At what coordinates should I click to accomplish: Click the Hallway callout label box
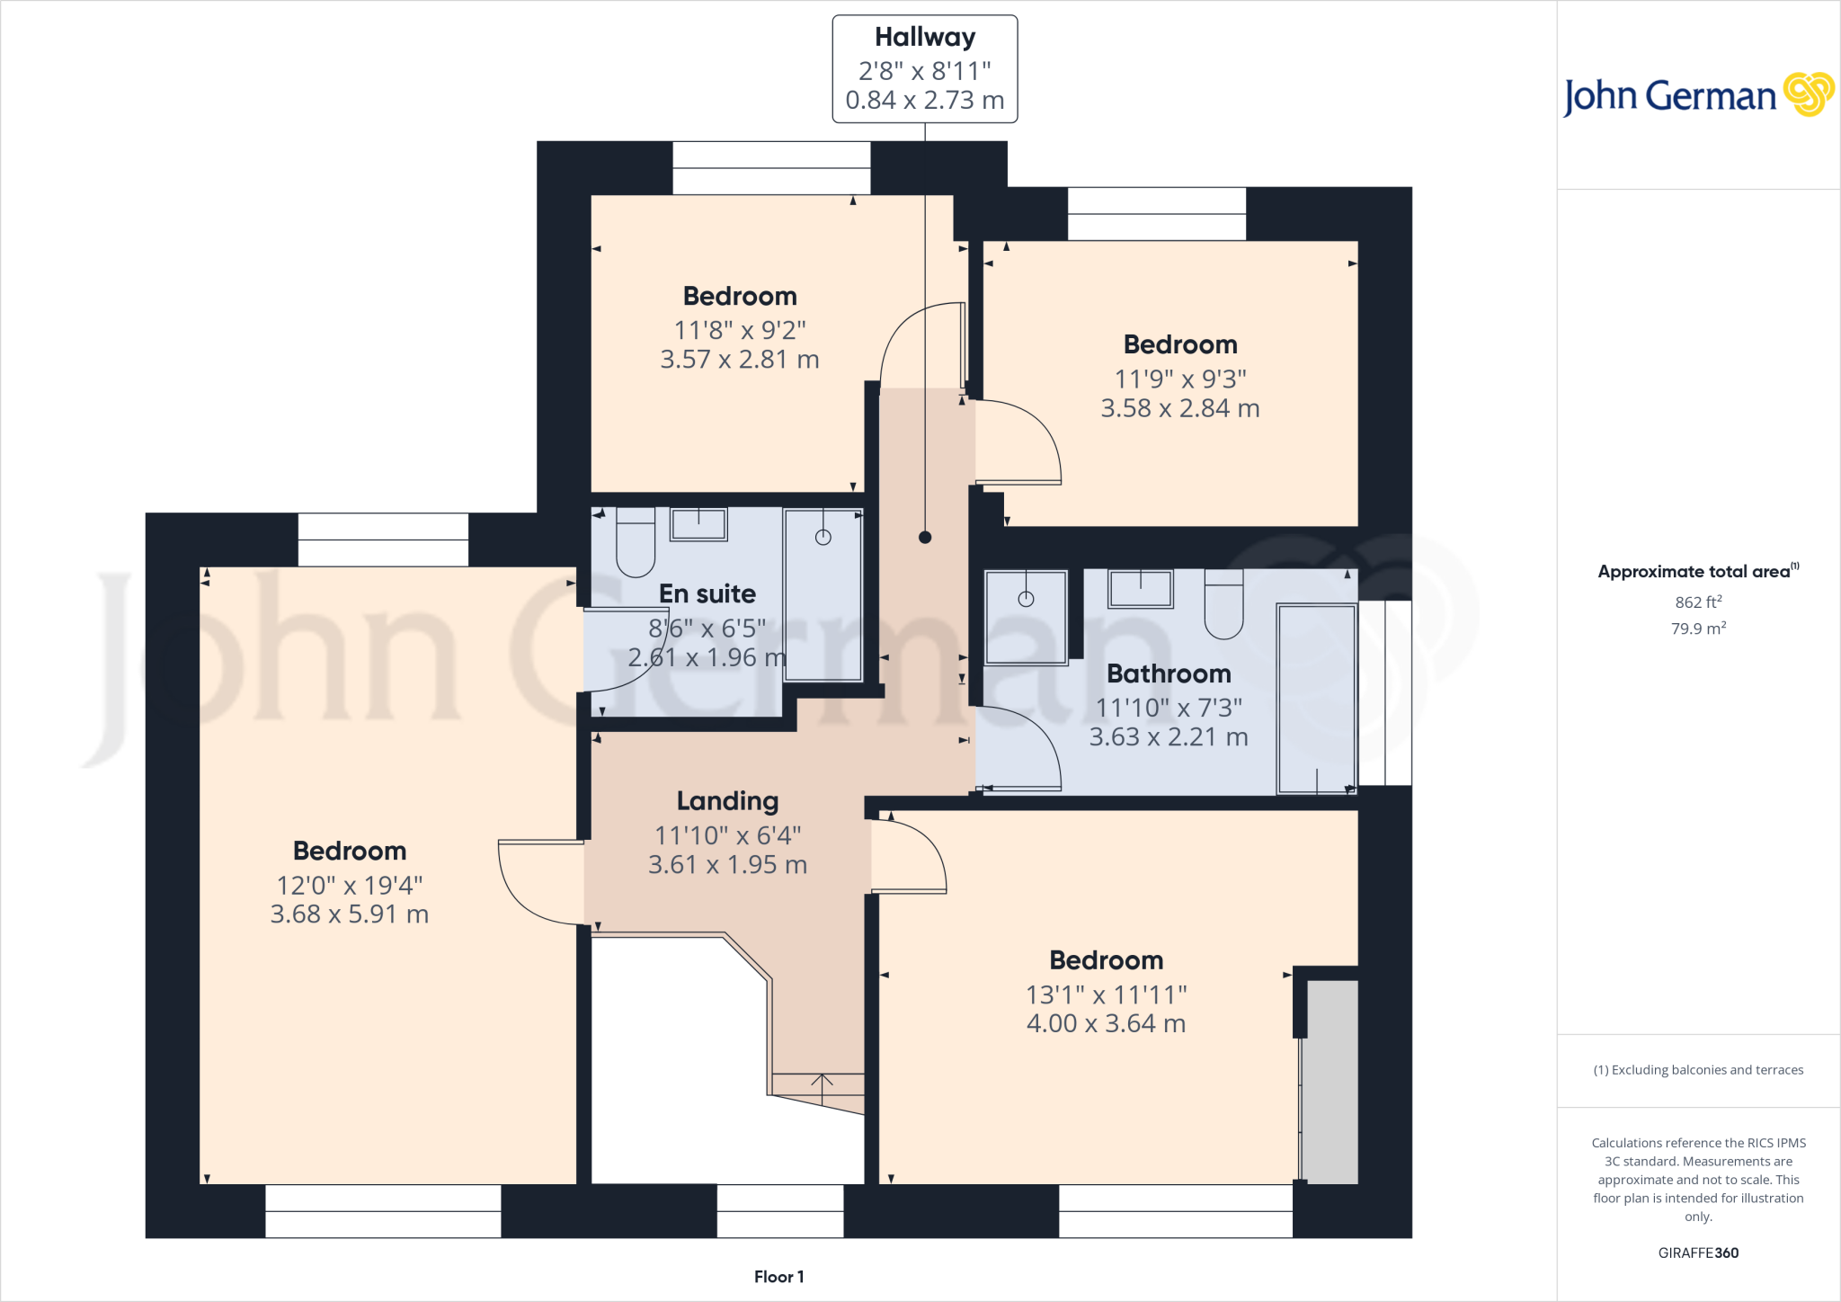coord(924,69)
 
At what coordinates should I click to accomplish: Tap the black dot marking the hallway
coord(925,538)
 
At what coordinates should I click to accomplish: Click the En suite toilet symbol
coord(636,542)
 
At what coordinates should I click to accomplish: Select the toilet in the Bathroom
coord(1223,603)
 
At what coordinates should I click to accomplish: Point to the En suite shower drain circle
coord(823,538)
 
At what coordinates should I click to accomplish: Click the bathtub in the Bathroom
coord(1316,699)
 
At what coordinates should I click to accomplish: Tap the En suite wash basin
coord(698,524)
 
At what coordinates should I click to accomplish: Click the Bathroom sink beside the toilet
coord(1140,589)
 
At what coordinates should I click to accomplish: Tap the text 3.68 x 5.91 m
coord(350,914)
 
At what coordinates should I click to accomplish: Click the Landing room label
coord(727,800)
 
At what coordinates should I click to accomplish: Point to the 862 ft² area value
coord(1697,602)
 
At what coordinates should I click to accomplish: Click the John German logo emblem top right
coord(1808,94)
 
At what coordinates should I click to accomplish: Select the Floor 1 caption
coord(778,1277)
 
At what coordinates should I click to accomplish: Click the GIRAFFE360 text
coord(1697,1253)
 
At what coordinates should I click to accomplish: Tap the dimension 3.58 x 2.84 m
coord(1179,408)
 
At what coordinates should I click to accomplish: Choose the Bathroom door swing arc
coord(1025,746)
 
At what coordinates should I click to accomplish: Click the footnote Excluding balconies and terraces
coord(1697,1070)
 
